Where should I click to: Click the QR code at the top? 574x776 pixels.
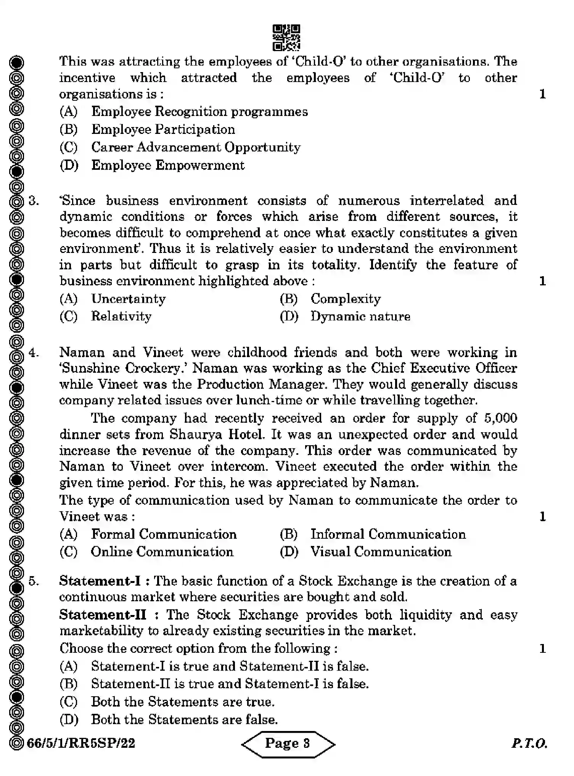[x=286, y=38]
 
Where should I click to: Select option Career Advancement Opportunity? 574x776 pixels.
[x=195, y=147]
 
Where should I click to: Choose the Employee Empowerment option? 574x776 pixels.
[x=168, y=165]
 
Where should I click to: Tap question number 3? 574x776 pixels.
[x=34, y=201]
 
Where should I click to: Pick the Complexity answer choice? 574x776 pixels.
[x=345, y=299]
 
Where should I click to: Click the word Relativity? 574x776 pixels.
[x=121, y=316]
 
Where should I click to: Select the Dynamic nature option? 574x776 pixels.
[x=360, y=316]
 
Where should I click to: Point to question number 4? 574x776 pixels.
[x=34, y=352]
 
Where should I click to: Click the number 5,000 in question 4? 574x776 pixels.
[x=500, y=418]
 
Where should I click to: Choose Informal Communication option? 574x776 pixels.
[x=387, y=534]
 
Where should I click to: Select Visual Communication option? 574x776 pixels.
[x=381, y=552]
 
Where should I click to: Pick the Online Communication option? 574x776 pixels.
[x=162, y=552]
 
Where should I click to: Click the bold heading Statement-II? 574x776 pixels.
[x=103, y=615]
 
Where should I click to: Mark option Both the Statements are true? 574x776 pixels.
[x=182, y=702]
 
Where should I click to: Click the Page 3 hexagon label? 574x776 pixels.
[x=288, y=743]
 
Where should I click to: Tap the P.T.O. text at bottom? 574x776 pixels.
[x=529, y=743]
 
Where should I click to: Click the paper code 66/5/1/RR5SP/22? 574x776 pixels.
[x=81, y=743]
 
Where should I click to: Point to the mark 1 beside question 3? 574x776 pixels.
[x=542, y=281]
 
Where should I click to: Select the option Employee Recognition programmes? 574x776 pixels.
[x=199, y=112]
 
